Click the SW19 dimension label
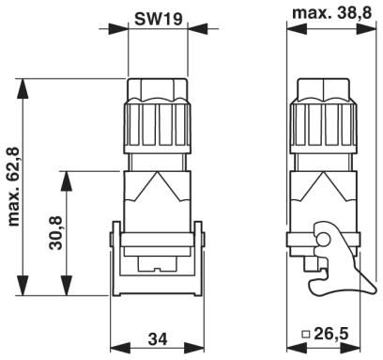[x=158, y=19]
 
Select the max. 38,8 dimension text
[x=332, y=13]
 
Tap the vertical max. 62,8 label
[x=13, y=186]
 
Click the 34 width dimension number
[x=158, y=339]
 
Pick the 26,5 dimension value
[x=331, y=334]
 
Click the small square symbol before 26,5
[x=306, y=335]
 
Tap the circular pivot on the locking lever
[x=323, y=241]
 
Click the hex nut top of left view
[x=158, y=90]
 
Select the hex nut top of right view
[x=323, y=90]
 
